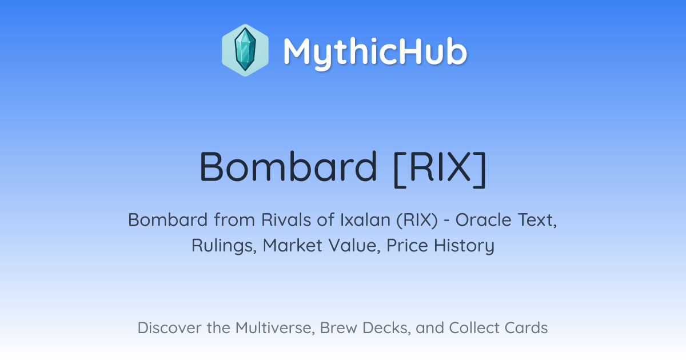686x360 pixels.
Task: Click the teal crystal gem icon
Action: click(x=245, y=50)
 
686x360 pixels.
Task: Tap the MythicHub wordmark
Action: click(x=375, y=53)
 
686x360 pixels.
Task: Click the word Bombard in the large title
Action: click(x=288, y=167)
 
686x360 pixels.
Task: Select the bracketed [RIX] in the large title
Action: click(x=440, y=169)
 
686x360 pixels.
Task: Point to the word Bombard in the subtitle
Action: click(x=168, y=220)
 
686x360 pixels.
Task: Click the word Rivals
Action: click(x=286, y=220)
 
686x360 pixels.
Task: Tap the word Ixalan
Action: click(x=365, y=220)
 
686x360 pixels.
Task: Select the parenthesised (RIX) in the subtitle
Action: click(x=417, y=221)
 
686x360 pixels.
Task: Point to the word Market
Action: click(x=293, y=245)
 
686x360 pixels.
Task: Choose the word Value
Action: click(x=354, y=246)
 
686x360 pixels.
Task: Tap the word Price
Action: click(x=407, y=245)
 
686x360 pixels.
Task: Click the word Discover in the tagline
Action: click(x=169, y=328)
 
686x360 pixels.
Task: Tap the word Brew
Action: click(x=338, y=328)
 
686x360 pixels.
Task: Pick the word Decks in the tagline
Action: click(x=386, y=328)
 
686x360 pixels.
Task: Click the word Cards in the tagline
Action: click(x=526, y=328)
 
